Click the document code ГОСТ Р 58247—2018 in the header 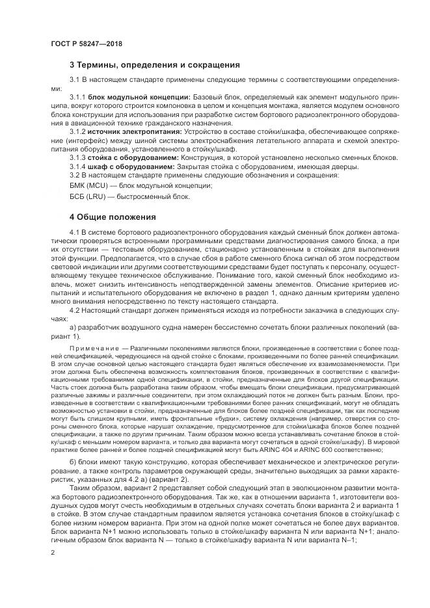[86, 44]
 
